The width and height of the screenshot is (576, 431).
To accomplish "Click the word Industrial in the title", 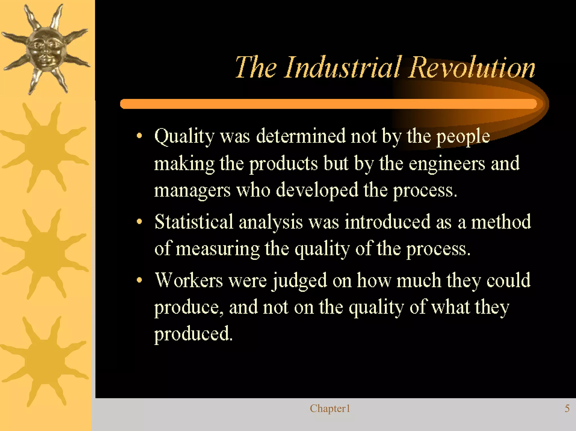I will coord(342,67).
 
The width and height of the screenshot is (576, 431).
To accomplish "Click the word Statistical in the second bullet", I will coord(194,222).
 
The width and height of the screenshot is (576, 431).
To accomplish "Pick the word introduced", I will coord(388,222).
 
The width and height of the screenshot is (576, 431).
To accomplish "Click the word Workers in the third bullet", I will coord(189,280).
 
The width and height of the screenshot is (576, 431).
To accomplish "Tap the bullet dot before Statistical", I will coord(139,222).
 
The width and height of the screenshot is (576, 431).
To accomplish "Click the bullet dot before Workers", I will coord(139,280).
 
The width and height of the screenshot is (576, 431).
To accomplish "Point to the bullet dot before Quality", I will coord(139,136).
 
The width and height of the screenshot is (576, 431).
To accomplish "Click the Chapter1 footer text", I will coord(330,409).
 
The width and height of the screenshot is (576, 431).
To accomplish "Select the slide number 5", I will coord(567,409).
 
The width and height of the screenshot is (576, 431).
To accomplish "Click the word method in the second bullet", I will coord(501,222).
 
